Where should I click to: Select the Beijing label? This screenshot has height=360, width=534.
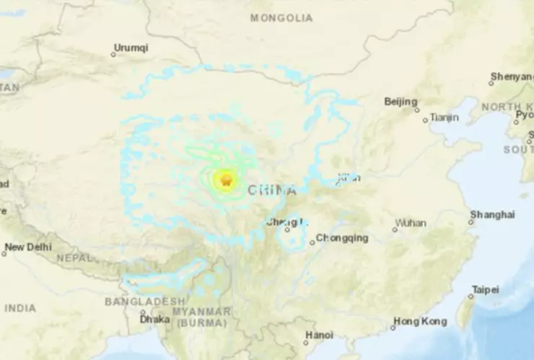[400, 102]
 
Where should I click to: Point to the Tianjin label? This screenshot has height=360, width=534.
[444, 118]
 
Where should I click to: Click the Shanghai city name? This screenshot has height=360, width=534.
[492, 214]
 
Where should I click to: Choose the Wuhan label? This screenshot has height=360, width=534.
[411, 223]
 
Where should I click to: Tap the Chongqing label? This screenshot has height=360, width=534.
[343, 238]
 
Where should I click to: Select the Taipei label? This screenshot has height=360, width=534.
[485, 289]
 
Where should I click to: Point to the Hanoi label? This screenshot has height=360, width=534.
[319, 335]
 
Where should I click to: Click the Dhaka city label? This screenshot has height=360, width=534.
[156, 318]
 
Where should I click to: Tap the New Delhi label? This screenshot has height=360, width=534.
[27, 247]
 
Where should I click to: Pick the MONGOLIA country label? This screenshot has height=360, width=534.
[281, 18]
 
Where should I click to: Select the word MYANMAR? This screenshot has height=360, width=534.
[207, 312]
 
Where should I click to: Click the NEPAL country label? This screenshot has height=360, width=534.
[75, 258]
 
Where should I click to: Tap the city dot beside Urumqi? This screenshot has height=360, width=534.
[113, 55]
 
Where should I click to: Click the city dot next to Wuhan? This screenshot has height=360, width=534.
[395, 229]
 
